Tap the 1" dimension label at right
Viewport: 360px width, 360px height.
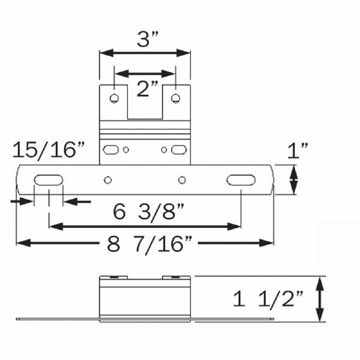[298, 151]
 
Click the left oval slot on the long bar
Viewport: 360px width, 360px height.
[46, 179]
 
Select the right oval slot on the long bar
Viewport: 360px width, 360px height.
[239, 179]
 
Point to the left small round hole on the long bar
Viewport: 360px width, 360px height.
[108, 179]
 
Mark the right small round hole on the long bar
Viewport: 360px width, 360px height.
[181, 179]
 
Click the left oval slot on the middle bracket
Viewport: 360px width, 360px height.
[112, 149]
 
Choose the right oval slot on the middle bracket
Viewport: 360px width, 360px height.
[178, 149]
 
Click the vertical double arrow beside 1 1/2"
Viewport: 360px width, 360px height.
[321, 299]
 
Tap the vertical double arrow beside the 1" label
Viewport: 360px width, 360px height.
[294, 179]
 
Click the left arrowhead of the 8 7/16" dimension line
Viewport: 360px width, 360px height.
[20, 242]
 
